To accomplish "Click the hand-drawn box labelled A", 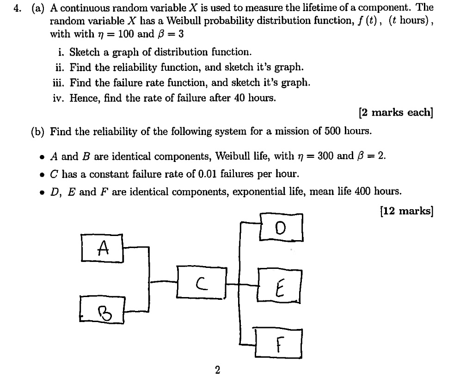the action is [x=102, y=248].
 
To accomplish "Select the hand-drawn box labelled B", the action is [x=102, y=310].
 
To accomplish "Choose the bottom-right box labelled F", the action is [x=278, y=343].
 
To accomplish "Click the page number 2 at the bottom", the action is [x=217, y=370].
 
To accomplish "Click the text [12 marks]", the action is [x=406, y=211].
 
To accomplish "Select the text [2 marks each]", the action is [x=396, y=112].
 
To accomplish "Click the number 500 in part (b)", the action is [x=332, y=131].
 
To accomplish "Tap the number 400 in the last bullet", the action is [x=363, y=191].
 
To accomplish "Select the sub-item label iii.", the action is [x=59, y=83].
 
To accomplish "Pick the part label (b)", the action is [x=37, y=131].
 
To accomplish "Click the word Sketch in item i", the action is [x=85, y=52].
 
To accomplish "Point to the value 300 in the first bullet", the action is [x=325, y=156].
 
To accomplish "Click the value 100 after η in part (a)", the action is [x=125, y=34].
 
